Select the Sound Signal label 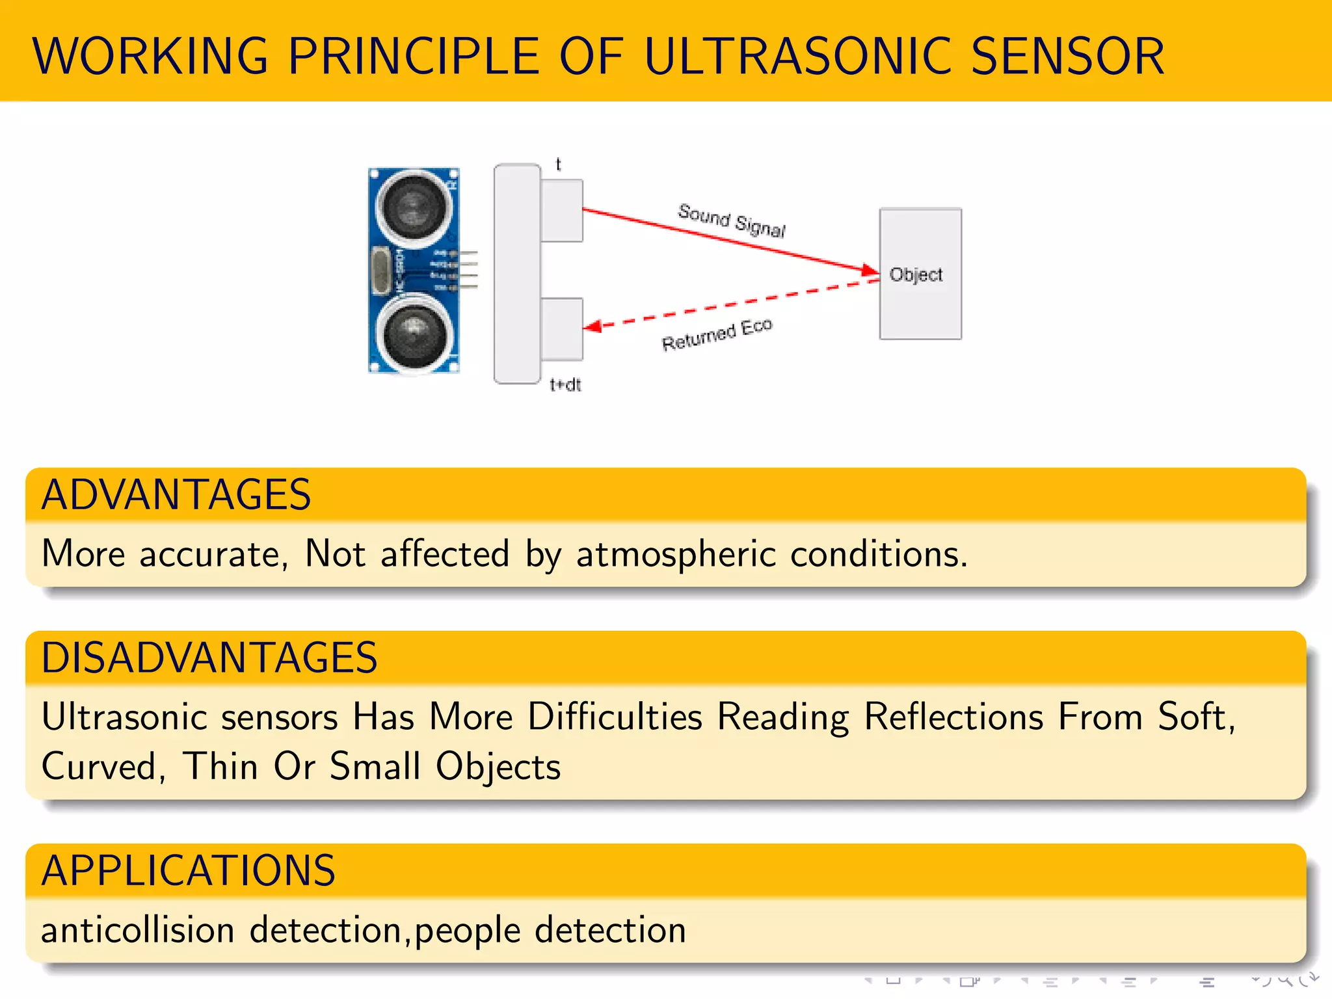(731, 220)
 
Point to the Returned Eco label (717, 334)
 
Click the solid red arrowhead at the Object (870, 270)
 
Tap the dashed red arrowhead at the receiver (592, 326)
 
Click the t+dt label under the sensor (565, 385)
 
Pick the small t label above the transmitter (558, 165)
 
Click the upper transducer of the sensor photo (414, 206)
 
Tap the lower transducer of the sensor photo (414, 334)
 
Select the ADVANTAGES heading (176, 495)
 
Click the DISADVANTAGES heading (209, 658)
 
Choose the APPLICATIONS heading (188, 871)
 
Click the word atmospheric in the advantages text (676, 555)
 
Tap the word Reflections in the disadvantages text (953, 717)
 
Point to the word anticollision (137, 930)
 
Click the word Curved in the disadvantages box (102, 767)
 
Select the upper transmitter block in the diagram (562, 211)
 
